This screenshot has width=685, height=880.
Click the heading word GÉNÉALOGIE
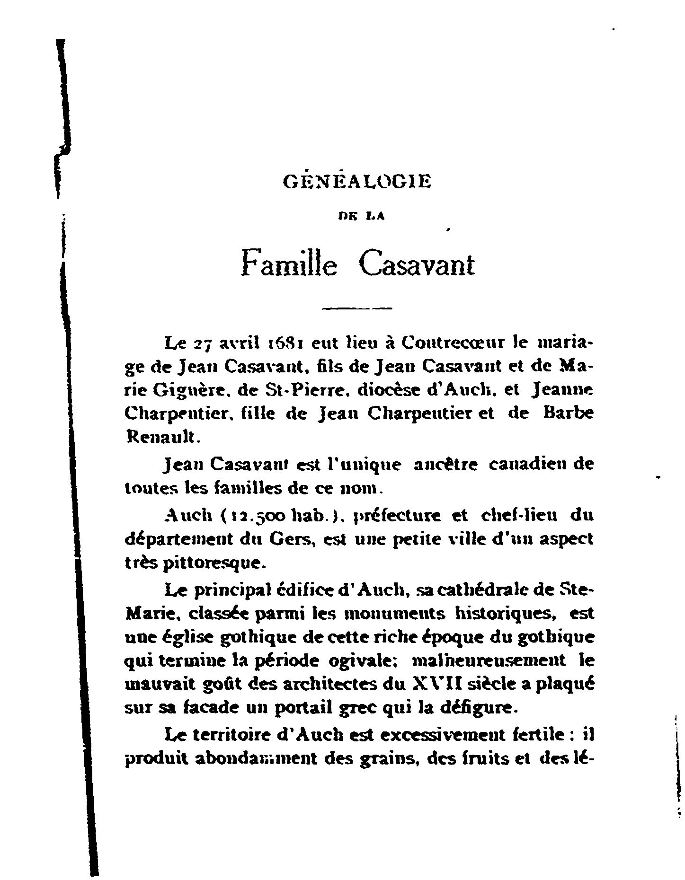click(356, 182)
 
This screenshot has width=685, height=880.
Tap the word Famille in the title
click(289, 264)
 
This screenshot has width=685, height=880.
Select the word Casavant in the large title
click(417, 264)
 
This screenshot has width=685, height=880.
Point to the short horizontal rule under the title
click(357, 309)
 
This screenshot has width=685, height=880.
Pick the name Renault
click(157, 438)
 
